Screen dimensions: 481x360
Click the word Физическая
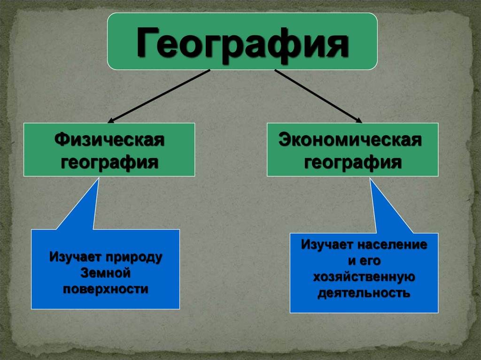click(x=109, y=139)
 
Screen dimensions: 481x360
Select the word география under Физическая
click(x=109, y=162)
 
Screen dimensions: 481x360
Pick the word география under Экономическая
click(x=352, y=162)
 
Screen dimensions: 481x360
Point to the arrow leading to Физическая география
click(x=160, y=95)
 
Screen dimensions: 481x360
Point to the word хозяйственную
click(x=364, y=277)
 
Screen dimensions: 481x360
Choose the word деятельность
click(x=364, y=293)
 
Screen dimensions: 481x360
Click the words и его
click(x=364, y=261)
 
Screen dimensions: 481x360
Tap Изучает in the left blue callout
click(x=76, y=257)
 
